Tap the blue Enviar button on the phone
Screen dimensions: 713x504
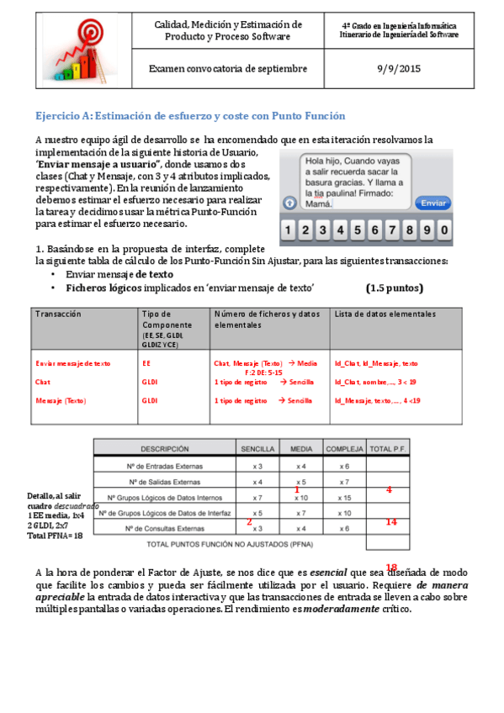(x=433, y=203)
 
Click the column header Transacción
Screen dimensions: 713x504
(x=59, y=314)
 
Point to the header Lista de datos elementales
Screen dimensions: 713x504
(x=385, y=314)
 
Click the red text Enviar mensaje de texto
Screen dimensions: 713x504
(x=73, y=363)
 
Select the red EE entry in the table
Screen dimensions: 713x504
(x=147, y=363)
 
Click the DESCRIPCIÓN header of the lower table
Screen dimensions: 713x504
(x=164, y=449)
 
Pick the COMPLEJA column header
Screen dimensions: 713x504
(x=345, y=449)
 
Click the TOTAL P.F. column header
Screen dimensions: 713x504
(x=388, y=449)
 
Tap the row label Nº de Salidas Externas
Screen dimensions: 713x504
(x=164, y=482)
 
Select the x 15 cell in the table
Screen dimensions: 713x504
(x=344, y=498)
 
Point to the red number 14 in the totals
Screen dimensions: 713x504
(x=390, y=522)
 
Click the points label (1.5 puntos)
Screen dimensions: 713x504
(x=395, y=288)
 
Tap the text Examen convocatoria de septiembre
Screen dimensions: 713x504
(x=228, y=69)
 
